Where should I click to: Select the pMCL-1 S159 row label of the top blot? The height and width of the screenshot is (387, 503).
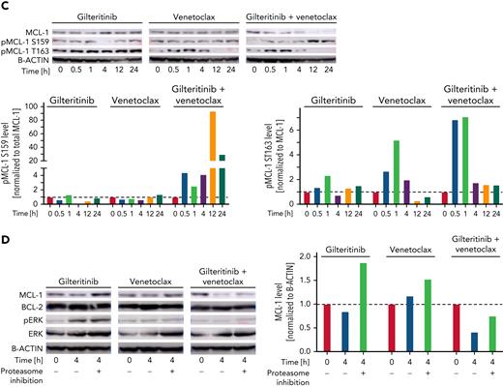point(27,45)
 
